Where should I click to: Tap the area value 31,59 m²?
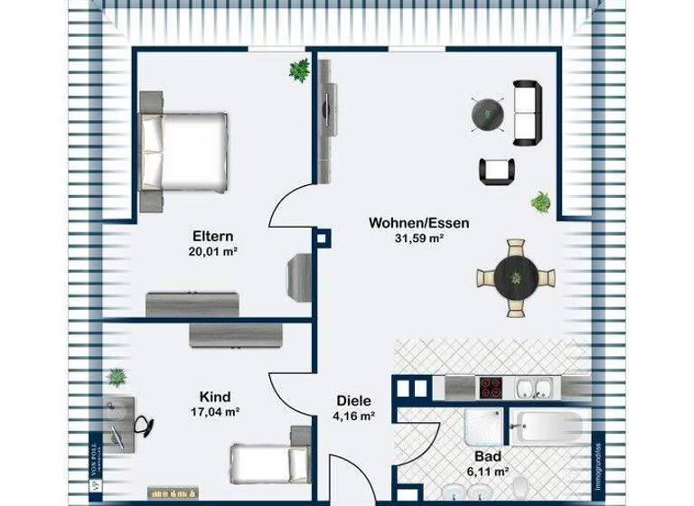tap(417, 239)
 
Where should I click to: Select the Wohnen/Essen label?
tap(418, 222)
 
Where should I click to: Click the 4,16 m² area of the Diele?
tap(354, 417)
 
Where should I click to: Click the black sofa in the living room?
tap(526, 113)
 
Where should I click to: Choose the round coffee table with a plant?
tap(487, 113)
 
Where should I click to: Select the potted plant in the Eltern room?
tap(298, 69)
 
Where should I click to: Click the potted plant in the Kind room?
tap(117, 376)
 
